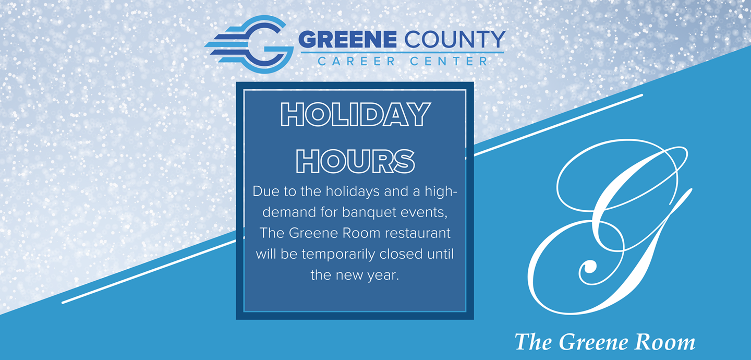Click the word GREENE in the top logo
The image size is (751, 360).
pyautogui.click(x=348, y=40)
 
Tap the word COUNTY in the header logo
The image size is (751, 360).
pyautogui.click(x=455, y=40)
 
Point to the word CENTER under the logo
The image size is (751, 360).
pyautogui.click(x=449, y=62)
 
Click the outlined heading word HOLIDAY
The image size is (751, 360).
pyautogui.click(x=355, y=114)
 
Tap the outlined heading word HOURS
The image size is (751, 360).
pyautogui.click(x=355, y=161)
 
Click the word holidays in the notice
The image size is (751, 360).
pyautogui.click(x=353, y=191)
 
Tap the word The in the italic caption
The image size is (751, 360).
pyautogui.click(x=533, y=342)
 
